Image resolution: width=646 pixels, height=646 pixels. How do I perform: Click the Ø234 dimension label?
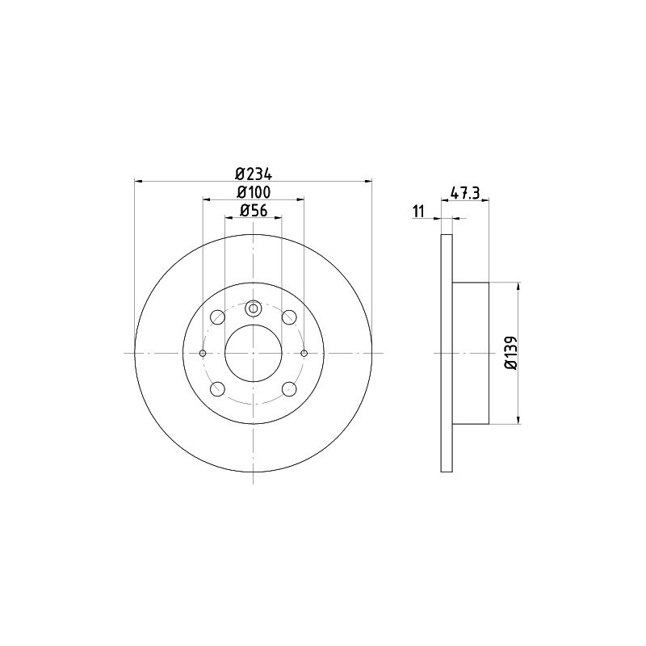pos(254,174)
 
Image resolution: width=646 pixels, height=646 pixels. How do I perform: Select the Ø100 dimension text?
pos(254,192)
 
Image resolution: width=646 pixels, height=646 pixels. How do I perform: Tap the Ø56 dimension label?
pos(254,210)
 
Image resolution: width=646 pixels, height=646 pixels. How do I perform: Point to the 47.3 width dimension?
pos(465,193)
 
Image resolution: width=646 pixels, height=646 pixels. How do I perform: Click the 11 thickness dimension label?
pos(418,212)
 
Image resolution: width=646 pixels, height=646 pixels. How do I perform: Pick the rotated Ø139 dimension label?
pos(510,353)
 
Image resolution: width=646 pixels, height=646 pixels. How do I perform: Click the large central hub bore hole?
pos(254,353)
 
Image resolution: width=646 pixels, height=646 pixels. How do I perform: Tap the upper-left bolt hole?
pos(217,317)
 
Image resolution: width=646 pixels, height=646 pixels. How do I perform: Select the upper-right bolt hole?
pos(289,317)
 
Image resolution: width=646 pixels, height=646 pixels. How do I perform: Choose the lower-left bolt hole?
pos(217,389)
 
